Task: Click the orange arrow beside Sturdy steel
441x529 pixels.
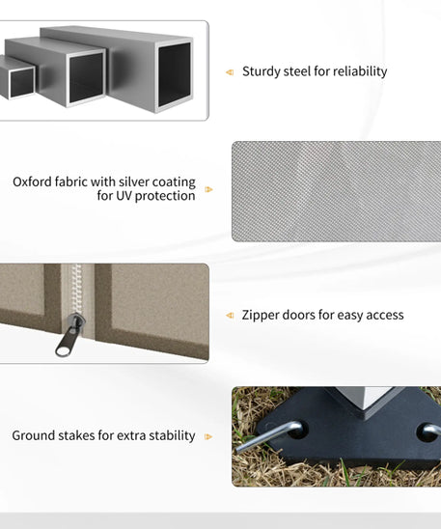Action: (230, 72)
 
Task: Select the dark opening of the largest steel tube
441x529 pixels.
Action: (175, 74)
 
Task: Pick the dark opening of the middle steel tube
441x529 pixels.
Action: (86, 78)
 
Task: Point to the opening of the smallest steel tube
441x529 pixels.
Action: (21, 83)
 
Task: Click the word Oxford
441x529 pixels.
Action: (32, 181)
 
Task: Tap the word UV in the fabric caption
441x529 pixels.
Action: (124, 196)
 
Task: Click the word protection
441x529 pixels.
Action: (165, 196)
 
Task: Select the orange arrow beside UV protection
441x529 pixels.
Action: (208, 189)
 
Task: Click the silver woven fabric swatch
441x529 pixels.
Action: (336, 191)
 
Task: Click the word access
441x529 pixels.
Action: (385, 316)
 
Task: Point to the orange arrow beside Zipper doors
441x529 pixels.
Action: (230, 315)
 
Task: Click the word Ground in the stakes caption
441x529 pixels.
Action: (34, 435)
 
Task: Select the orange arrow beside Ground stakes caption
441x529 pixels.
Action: (208, 436)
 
